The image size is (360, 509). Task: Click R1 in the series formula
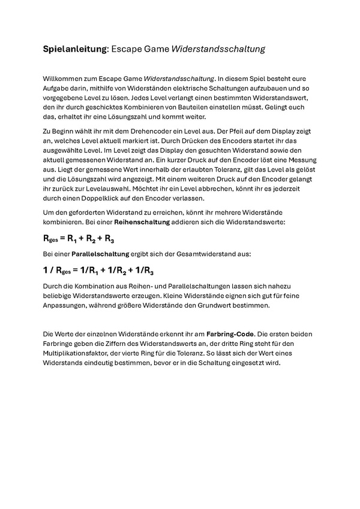pos(72,239)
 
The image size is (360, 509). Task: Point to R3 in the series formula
pos(110,239)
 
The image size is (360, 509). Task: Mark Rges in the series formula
pos(50,239)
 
